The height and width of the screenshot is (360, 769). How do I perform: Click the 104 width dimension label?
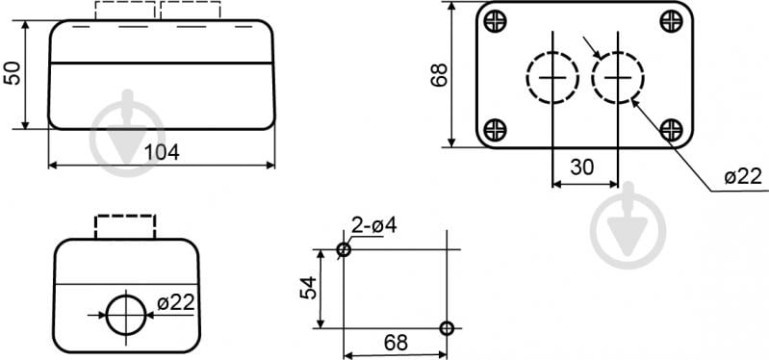162,152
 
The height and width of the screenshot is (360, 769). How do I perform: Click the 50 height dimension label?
13,73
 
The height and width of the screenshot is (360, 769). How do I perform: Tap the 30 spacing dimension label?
582,167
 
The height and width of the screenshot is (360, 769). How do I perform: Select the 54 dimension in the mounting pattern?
309,288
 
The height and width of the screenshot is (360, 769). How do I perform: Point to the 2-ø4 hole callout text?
374,225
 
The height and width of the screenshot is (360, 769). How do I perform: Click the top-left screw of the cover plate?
495,21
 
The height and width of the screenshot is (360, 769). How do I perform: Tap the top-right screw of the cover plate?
671,21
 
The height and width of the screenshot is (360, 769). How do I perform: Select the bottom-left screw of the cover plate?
495,130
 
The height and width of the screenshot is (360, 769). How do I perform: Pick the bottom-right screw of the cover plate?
671,130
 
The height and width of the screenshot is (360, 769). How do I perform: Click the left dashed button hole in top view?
527,78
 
